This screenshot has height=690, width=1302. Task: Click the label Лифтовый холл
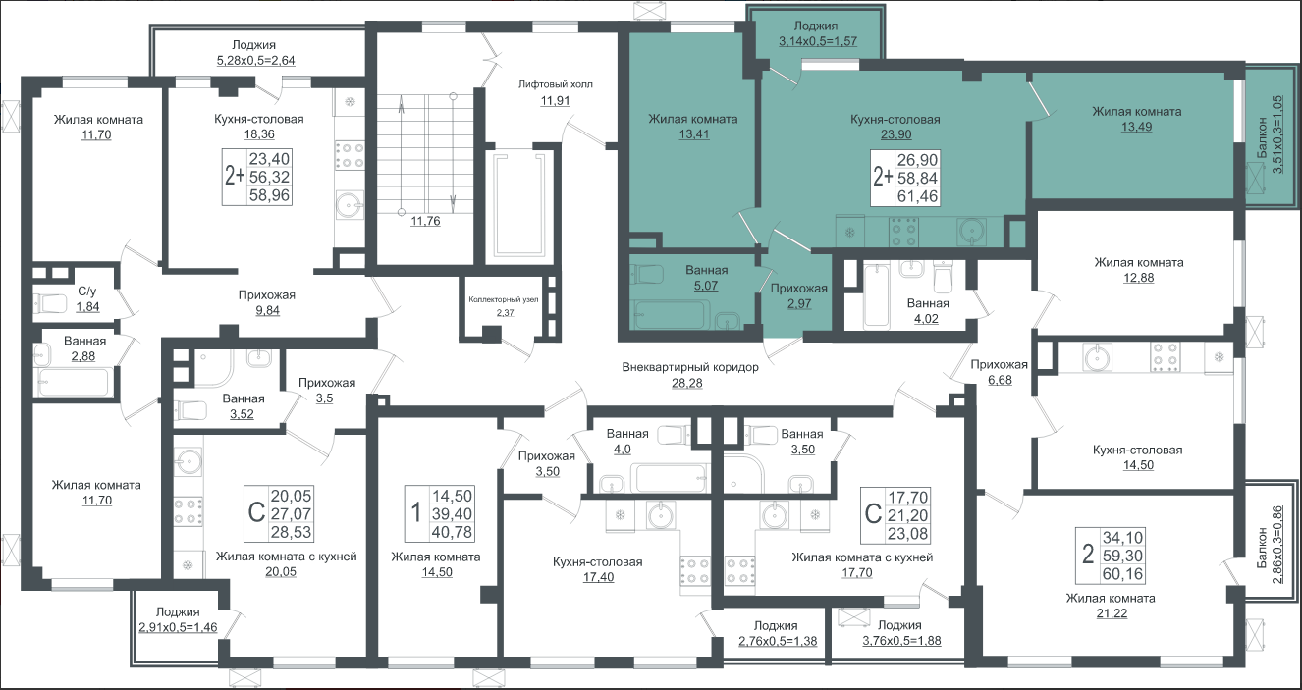(555, 84)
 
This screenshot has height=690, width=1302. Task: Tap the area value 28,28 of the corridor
(687, 383)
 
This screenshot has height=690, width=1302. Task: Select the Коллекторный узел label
(504, 299)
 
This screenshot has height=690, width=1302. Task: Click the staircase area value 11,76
(425, 221)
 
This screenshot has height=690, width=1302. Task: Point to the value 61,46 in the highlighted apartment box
(917, 196)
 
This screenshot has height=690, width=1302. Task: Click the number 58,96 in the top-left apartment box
(269, 195)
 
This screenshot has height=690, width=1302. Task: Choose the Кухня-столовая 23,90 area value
(895, 134)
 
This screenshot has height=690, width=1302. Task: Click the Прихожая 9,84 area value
(267, 311)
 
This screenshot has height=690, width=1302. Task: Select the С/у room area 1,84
(87, 306)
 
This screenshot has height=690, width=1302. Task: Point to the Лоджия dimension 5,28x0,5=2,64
(255, 61)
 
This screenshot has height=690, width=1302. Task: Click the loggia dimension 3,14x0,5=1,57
(818, 41)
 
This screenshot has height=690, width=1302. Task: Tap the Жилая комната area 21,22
(1112, 613)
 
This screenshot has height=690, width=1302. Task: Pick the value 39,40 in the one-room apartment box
(453, 514)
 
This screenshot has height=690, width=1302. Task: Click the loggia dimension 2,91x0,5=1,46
(178, 627)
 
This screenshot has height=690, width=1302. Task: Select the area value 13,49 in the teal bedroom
(1136, 128)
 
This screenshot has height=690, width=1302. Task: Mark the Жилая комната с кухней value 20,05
(281, 572)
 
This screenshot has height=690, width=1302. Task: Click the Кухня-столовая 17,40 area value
(598, 577)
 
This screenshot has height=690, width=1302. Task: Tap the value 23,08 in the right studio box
(908, 534)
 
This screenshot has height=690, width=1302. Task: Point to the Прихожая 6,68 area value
(1000, 381)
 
